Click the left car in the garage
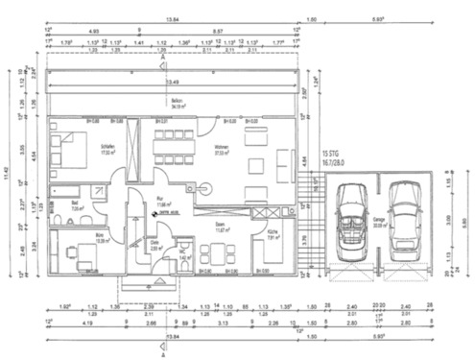click(x=351, y=215)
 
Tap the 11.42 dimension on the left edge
click(x=9, y=176)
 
